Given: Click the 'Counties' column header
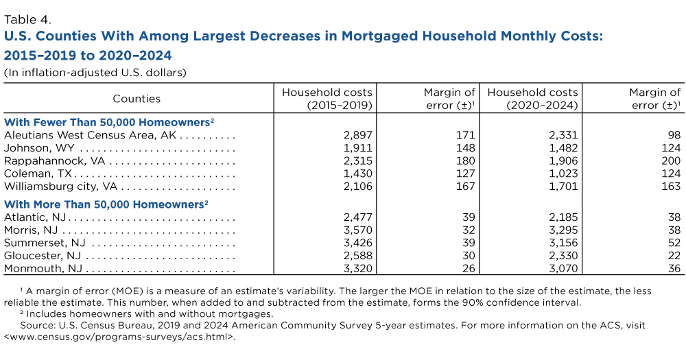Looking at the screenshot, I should tap(137, 98).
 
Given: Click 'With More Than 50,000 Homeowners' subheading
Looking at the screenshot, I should tap(106, 204).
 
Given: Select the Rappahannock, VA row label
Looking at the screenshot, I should tap(55, 161).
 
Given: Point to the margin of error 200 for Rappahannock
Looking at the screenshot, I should tap(670, 161).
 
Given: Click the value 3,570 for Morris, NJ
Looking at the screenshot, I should tap(357, 230).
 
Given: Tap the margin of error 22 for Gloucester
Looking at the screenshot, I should tap(674, 255).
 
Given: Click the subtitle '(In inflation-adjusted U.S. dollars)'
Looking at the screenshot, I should tap(95, 72).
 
